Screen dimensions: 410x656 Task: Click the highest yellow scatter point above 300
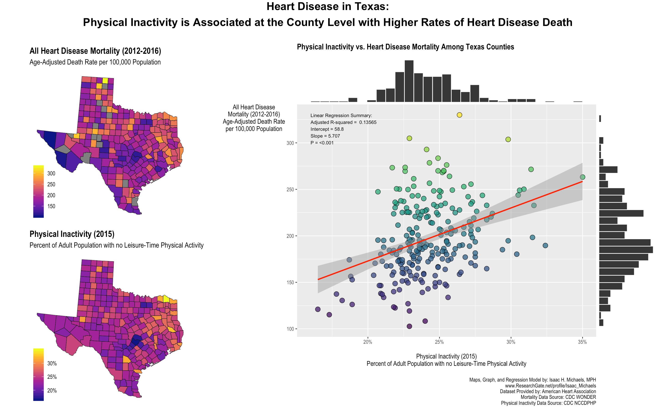(x=459, y=115)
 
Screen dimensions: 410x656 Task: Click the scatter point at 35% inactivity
(x=582, y=177)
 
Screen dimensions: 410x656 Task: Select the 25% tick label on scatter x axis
(x=439, y=342)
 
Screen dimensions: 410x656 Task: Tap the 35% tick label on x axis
(x=582, y=342)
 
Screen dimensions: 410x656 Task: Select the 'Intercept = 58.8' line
(x=327, y=129)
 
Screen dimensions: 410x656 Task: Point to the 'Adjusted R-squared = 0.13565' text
(x=343, y=122)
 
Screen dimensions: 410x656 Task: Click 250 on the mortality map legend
(x=51, y=184)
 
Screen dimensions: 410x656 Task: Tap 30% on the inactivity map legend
(x=52, y=363)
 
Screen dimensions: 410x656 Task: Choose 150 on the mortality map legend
(x=51, y=206)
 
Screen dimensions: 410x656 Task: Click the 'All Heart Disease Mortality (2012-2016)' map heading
(x=95, y=51)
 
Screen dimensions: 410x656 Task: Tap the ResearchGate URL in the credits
(x=550, y=386)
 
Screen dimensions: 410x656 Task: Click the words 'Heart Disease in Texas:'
(x=328, y=7)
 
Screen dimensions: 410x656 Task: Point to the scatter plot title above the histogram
(x=405, y=47)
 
